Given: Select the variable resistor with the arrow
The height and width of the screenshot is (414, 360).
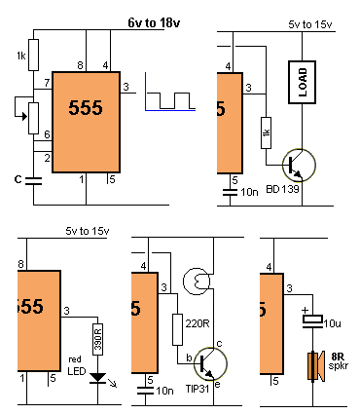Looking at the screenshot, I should click(31, 116).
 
